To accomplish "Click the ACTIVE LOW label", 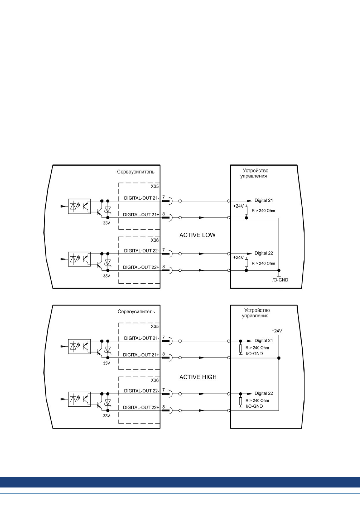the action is point(197,235).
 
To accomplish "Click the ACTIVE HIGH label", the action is point(198,377).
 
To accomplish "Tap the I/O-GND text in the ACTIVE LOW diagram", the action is point(280,280).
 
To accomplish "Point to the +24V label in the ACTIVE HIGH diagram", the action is point(277,331).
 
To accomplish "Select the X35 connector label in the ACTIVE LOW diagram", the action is point(155,186).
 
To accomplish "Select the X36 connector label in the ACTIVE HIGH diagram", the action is point(155,380).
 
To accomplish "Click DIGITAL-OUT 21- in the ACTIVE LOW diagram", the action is point(142,198).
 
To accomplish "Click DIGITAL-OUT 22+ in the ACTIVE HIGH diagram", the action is point(141,408).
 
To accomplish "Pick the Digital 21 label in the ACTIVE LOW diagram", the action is point(264,200).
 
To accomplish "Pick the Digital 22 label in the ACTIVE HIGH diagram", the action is point(264,393).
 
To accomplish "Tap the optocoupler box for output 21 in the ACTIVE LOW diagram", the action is point(79,206).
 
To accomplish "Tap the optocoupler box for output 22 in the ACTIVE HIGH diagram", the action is point(79,399).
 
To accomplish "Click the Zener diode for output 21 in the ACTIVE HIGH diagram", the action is point(108,349).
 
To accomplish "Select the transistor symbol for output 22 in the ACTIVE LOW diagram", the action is point(99,265).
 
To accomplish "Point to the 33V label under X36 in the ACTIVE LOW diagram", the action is point(106,276).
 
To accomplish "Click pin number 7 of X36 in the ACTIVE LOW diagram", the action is point(163,250).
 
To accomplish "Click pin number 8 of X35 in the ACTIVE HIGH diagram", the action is point(163,354).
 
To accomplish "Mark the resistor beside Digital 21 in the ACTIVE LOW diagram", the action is point(246,211).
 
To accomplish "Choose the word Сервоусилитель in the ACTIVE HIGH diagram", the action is point(136,311).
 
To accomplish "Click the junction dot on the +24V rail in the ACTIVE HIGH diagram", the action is point(279,358).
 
